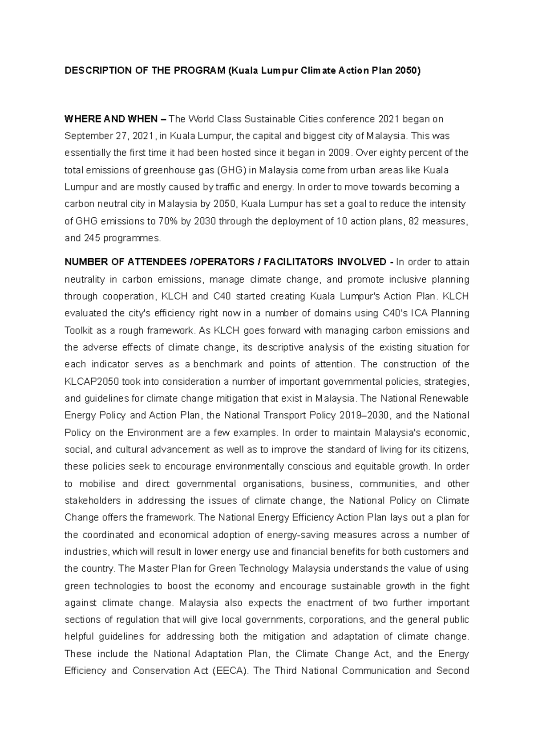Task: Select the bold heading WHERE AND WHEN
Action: click(x=111, y=119)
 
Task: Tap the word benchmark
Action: click(x=217, y=364)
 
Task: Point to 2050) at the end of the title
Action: click(x=407, y=71)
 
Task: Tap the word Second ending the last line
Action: click(x=453, y=671)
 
